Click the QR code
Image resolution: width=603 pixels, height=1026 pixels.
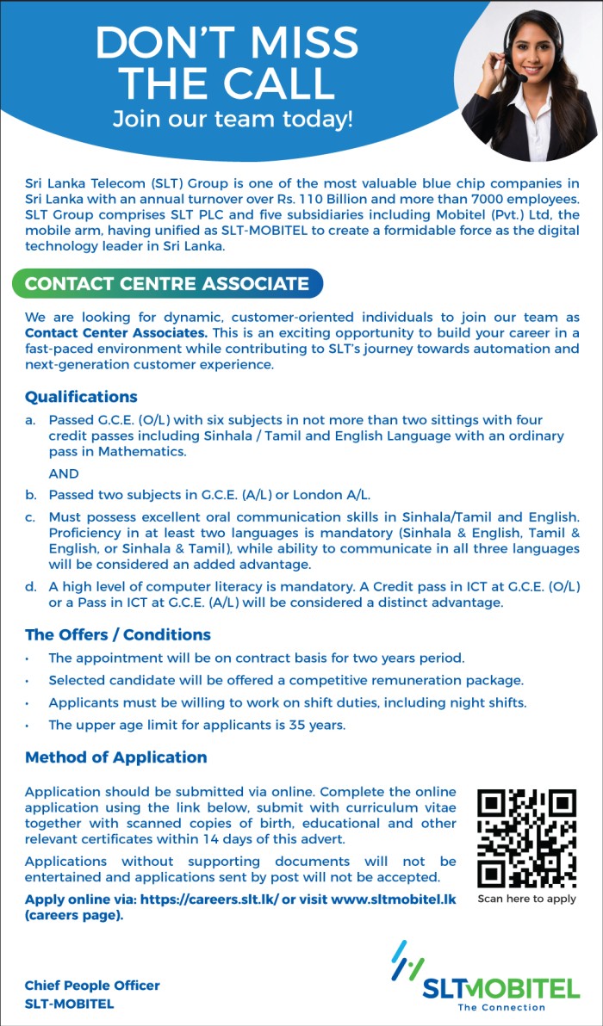point(526,837)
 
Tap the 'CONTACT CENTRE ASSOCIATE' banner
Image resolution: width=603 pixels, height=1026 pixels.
point(167,283)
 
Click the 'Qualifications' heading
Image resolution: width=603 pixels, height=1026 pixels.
point(81,397)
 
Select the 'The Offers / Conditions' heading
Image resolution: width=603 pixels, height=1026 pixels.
point(118,634)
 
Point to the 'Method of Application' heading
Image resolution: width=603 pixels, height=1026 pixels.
point(116,757)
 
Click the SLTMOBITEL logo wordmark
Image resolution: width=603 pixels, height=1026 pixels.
point(500,987)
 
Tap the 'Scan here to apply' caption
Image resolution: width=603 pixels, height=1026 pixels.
point(526,899)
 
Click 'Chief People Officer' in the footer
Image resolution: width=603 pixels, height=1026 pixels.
point(92,986)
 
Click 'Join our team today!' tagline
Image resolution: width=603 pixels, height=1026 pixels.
point(233,118)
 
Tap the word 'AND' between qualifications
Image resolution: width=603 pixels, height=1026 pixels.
point(64,473)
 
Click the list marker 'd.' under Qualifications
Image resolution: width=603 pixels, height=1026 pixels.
point(30,587)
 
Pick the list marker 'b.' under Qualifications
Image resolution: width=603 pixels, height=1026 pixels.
point(30,495)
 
